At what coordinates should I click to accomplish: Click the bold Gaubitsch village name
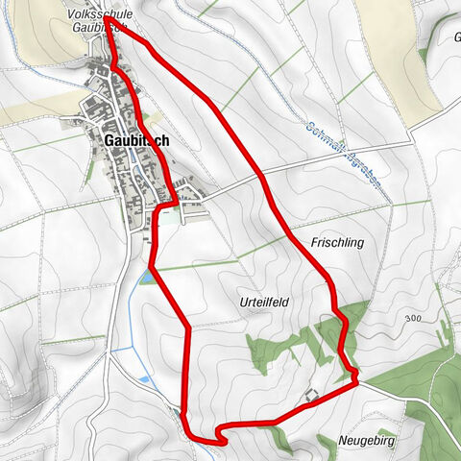click(134, 140)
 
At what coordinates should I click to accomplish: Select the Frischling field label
click(336, 243)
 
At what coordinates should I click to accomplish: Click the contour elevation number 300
click(414, 318)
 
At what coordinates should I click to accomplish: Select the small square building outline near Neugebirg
click(310, 395)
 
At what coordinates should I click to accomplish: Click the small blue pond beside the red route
click(144, 279)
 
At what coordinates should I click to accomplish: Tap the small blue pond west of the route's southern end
click(144, 380)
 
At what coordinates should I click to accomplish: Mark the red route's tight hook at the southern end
click(221, 437)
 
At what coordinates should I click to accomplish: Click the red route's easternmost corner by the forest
click(356, 380)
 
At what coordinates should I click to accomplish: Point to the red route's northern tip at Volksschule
click(113, 17)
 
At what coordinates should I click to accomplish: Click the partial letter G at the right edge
click(456, 38)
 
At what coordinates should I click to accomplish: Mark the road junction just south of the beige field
click(413, 134)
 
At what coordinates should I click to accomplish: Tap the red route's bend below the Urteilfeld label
click(186, 331)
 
